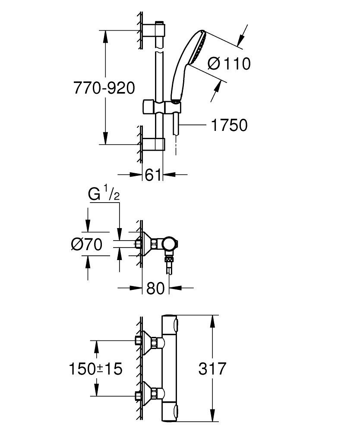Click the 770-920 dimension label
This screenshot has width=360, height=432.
(x=104, y=88)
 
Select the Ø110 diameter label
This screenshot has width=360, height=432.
(x=229, y=64)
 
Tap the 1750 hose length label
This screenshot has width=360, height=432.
(x=229, y=125)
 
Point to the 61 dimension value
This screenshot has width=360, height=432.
(x=153, y=175)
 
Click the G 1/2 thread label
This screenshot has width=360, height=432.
(x=104, y=194)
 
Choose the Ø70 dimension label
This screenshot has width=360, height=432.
(x=87, y=244)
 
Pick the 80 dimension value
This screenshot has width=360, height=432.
(x=155, y=288)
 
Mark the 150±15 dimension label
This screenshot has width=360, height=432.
(x=95, y=368)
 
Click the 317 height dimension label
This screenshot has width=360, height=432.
(x=212, y=368)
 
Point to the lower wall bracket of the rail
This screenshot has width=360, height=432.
(x=154, y=144)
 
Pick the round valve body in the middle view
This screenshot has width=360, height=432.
(x=170, y=244)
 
